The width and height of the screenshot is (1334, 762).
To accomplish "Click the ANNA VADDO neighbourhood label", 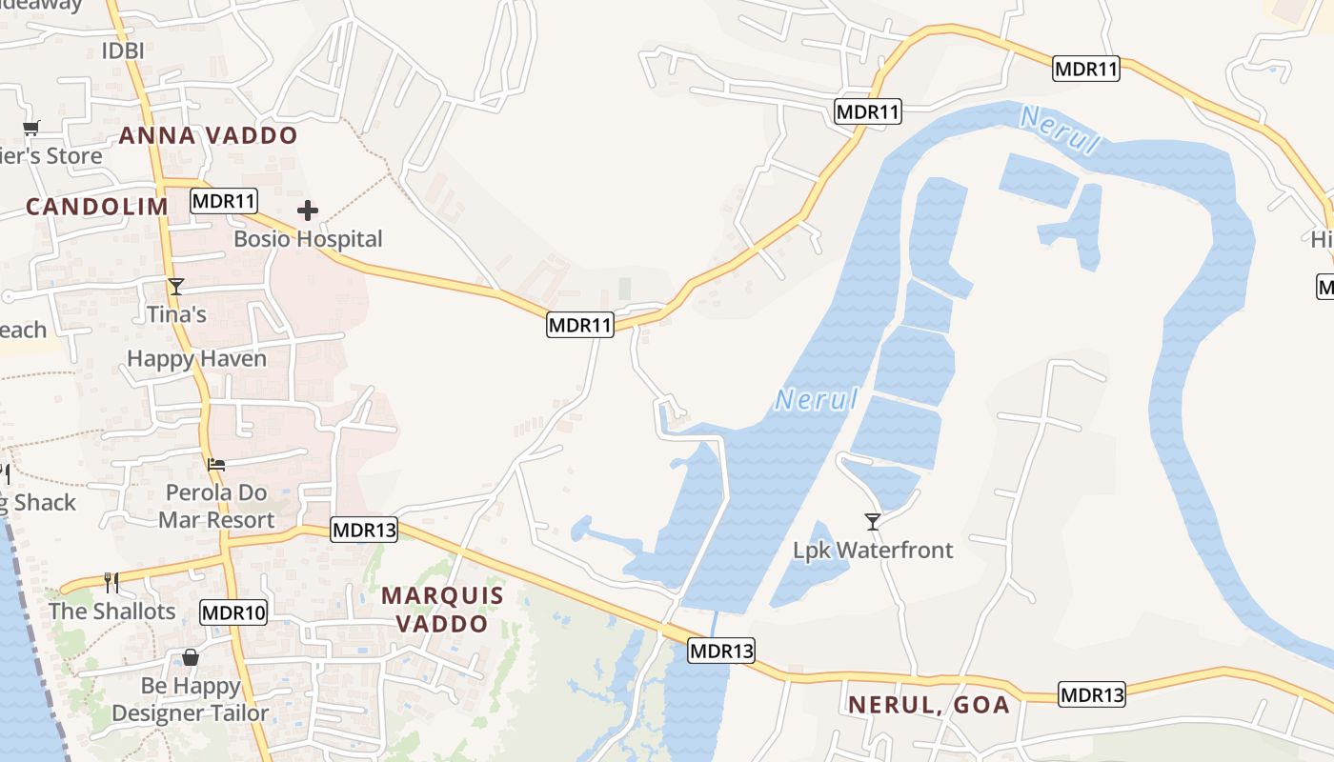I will click(208, 135).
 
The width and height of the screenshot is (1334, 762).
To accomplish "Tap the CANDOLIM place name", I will click(96, 207).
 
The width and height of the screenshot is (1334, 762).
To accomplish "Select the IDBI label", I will click(122, 50).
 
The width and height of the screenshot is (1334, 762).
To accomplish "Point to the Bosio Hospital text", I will click(308, 239).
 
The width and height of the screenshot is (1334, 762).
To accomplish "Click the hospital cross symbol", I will click(307, 211).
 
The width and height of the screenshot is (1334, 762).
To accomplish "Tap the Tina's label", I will click(176, 314).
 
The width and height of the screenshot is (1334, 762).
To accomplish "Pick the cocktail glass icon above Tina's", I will click(176, 287).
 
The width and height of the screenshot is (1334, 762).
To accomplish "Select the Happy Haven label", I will click(196, 359).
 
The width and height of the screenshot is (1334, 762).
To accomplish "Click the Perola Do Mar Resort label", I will click(216, 507).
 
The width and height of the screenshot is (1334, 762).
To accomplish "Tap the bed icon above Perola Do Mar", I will click(216, 465).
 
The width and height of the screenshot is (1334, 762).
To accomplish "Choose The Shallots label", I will click(112, 612).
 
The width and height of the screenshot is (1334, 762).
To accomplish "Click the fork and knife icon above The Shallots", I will click(111, 582).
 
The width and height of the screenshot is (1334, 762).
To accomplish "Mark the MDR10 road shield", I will click(233, 612).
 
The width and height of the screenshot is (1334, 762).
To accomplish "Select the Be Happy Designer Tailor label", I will click(191, 699).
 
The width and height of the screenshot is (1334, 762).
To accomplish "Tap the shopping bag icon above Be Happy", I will click(191, 657).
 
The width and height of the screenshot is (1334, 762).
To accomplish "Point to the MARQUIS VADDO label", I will click(442, 610).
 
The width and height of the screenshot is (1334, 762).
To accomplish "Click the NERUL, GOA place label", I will click(928, 705).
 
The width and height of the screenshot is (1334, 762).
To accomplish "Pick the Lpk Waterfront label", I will click(873, 551).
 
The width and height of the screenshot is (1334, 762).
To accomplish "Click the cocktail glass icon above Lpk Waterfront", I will click(872, 521).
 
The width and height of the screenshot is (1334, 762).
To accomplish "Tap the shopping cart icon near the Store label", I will click(30, 129).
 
